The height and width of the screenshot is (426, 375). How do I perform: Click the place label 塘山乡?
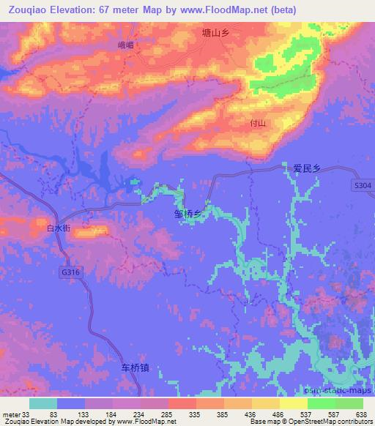(x=217, y=33)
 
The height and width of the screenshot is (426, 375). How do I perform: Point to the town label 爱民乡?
(x=307, y=168)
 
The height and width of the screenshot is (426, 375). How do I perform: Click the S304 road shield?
(x=360, y=186)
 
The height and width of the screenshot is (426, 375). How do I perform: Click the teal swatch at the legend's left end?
(x=43, y=403)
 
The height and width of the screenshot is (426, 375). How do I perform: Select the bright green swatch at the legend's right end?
(x=349, y=403)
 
